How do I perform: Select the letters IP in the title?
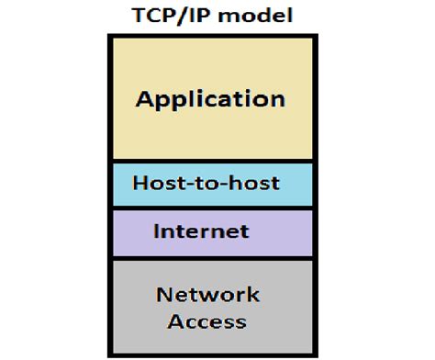(x=203, y=17)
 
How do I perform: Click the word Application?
(x=210, y=99)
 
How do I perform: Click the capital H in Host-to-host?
(x=139, y=183)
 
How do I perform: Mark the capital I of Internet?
(x=158, y=231)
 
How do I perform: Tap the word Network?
(x=207, y=295)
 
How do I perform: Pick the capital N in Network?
(x=163, y=295)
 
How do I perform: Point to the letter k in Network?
(x=254, y=295)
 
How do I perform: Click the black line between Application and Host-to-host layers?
(x=210, y=162)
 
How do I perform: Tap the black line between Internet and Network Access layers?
(x=210, y=257)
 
